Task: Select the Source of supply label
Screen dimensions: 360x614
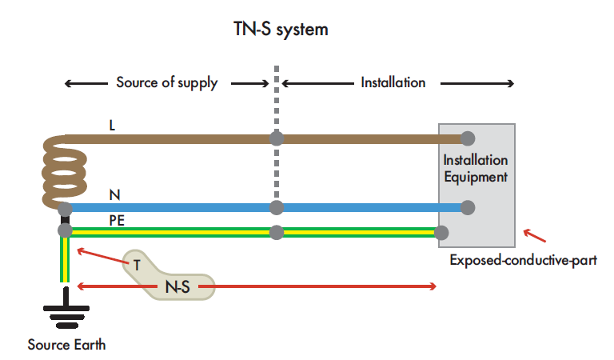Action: pos(166,82)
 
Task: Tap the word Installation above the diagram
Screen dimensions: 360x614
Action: pos(393,82)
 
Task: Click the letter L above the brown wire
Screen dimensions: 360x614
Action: pos(113,126)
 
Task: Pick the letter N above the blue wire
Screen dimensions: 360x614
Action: pos(114,194)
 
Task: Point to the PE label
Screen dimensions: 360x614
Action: pos(117,219)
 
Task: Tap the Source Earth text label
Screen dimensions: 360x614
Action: pos(66,346)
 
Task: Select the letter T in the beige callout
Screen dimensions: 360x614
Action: pos(137,265)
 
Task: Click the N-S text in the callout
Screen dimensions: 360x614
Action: pos(177,286)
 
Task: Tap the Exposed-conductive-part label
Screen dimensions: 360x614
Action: pos(523,260)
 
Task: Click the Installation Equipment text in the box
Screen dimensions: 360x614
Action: pos(475,169)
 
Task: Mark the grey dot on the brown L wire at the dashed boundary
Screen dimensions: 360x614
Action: pos(277,138)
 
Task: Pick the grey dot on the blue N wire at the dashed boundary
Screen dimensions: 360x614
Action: pos(277,208)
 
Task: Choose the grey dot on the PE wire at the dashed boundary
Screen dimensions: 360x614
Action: pos(277,233)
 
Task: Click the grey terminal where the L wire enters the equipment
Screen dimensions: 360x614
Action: pos(468,138)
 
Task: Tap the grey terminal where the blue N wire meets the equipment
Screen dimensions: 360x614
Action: pos(468,208)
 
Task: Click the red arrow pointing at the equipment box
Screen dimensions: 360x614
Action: pos(535,236)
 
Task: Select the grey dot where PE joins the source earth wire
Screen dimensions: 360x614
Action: pos(65,230)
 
